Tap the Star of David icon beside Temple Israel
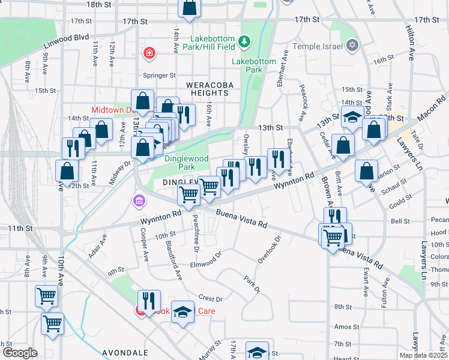point(352,46)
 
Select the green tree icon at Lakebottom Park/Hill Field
point(244,41)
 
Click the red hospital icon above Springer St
point(148,54)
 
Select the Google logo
point(19,353)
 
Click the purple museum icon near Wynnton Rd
point(139,200)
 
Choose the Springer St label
point(159,76)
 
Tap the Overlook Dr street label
point(270,249)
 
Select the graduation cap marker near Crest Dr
point(182,312)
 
